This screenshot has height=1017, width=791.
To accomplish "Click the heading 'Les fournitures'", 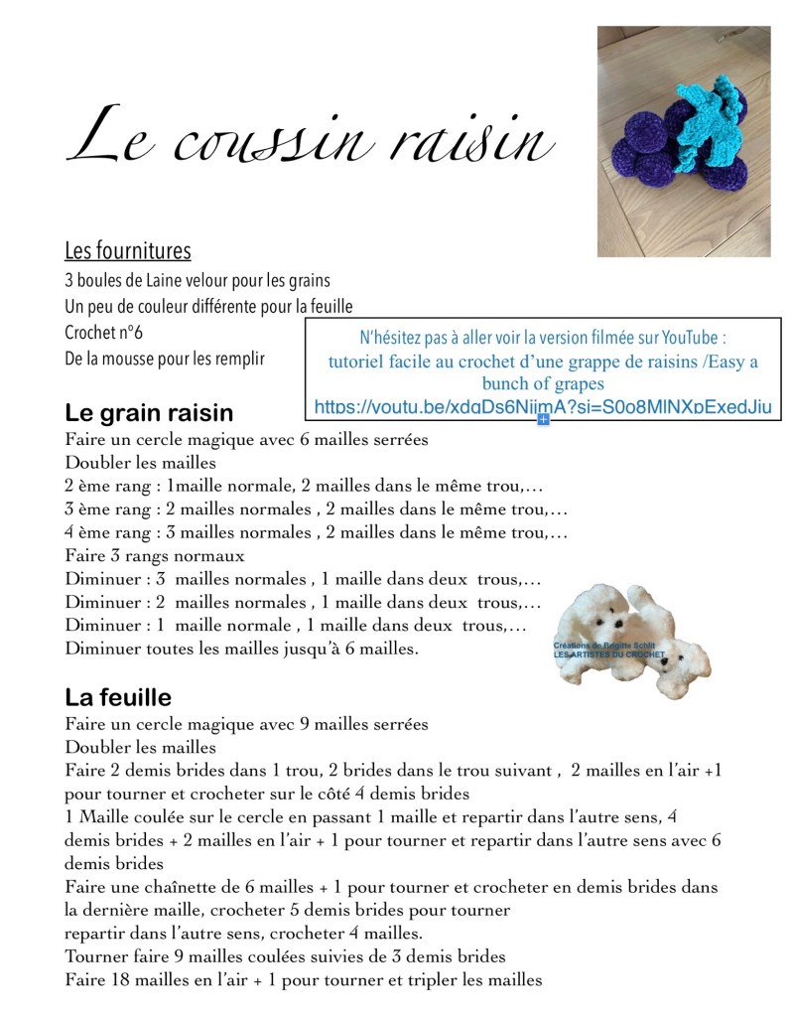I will tap(128, 250).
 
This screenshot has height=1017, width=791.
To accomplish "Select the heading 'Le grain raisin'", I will tap(149, 411).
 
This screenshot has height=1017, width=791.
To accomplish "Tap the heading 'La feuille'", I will tap(118, 696).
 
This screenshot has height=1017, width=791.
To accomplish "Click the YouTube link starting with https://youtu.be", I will tap(542, 407).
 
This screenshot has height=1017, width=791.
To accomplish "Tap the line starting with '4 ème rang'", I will tap(316, 533).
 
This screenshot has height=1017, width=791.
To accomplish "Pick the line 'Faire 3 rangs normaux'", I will tap(155, 556).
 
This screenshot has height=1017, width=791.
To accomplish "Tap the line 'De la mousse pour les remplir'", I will tap(165, 358).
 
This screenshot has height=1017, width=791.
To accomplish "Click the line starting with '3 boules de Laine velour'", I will tap(198, 280).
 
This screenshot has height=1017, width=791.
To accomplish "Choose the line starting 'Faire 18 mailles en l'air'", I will tap(304, 980).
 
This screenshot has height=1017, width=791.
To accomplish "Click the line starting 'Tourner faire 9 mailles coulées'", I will tap(286, 956).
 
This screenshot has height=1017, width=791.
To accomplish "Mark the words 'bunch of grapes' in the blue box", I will tap(543, 383).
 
